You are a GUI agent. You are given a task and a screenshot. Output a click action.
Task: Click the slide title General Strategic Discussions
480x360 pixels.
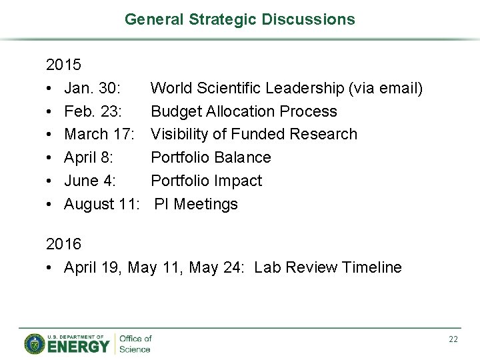pos(240,19)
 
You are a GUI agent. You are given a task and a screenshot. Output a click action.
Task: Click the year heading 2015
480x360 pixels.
pos(63,65)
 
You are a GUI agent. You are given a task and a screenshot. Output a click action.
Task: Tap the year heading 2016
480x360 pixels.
pos(63,245)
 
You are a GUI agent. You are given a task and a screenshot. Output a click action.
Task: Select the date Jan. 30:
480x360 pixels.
pos(92,88)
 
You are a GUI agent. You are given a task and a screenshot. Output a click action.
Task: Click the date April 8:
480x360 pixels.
pos(89,157)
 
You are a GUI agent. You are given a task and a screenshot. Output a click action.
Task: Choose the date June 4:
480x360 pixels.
pos(90,181)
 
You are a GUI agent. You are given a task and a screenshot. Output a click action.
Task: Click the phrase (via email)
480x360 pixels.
pos(387,88)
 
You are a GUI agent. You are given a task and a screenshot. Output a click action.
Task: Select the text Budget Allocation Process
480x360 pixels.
pos(244,111)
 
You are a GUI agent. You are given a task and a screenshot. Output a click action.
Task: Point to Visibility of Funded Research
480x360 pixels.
pos(254,134)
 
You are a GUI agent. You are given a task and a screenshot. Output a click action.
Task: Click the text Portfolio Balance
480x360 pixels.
pos(211,157)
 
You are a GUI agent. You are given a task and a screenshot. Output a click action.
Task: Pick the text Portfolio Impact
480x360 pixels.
pos(207,181)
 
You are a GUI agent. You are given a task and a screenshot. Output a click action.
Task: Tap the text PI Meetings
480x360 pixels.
pos(196,204)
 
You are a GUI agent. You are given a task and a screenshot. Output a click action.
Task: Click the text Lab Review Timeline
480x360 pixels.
pos(328,268)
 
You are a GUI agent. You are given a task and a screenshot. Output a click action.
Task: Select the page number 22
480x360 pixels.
pos(453,339)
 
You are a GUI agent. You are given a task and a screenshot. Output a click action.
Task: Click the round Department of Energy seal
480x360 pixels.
pos(35,344)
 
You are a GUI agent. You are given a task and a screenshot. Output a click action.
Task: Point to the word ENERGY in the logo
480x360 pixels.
pos(77,347)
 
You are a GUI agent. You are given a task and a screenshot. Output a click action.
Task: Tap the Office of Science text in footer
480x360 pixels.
pos(135,344)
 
